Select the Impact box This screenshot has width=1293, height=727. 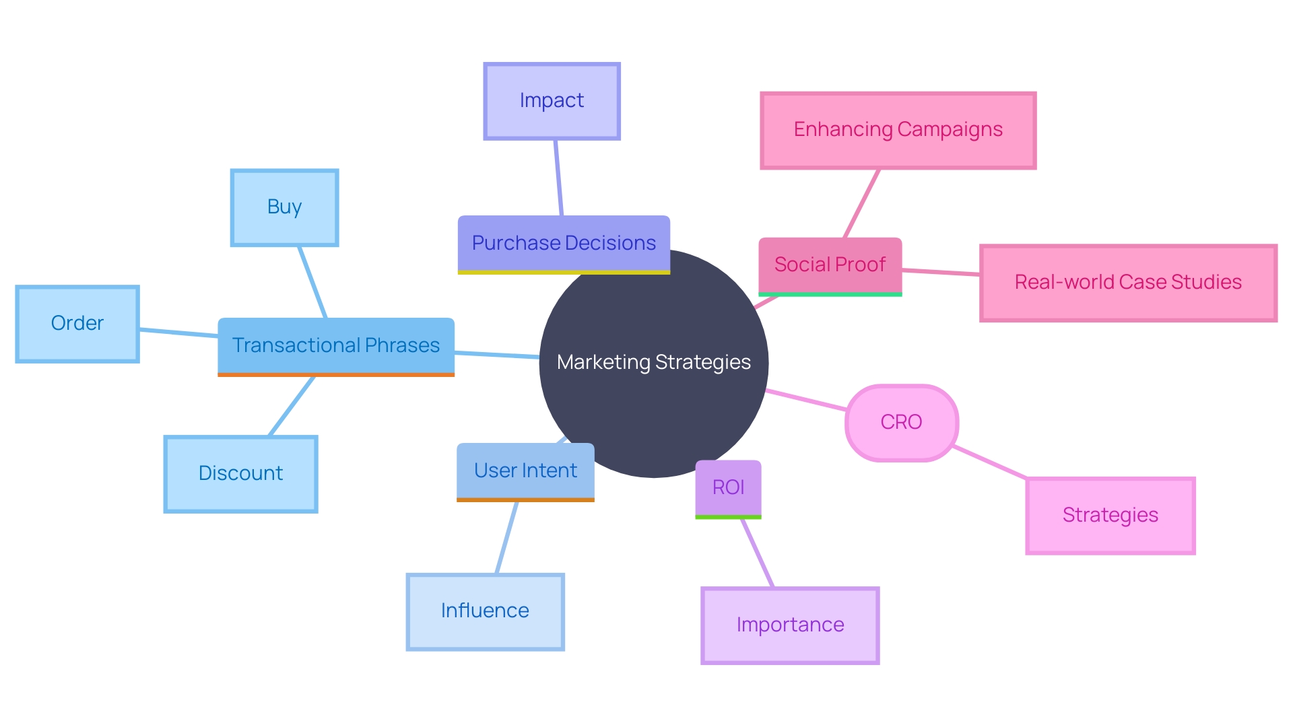pyautogui.click(x=552, y=101)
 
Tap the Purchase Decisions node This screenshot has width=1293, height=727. pyautogui.click(x=564, y=244)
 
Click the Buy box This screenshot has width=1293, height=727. pyautogui.click(x=284, y=207)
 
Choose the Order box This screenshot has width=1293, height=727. pyautogui.click(x=77, y=324)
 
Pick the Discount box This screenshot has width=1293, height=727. pyautogui.click(x=240, y=474)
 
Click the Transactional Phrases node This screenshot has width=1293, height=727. pyautogui.click(x=335, y=346)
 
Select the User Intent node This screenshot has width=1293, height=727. pyautogui.click(x=525, y=471)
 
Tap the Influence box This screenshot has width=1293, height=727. pyautogui.click(x=485, y=611)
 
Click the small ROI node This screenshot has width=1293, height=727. pyautogui.click(x=728, y=488)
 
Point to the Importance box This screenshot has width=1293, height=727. pyautogui.click(x=790, y=625)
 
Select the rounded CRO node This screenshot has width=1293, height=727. pyautogui.click(x=901, y=423)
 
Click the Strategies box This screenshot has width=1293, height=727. pyautogui.click(x=1110, y=516)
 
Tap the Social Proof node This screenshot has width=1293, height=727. pyautogui.click(x=830, y=265)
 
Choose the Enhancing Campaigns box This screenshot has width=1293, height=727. pyautogui.click(x=898, y=130)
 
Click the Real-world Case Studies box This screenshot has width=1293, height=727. pyautogui.click(x=1128, y=283)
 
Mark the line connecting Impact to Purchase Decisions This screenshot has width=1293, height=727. pyautogui.click(x=558, y=178)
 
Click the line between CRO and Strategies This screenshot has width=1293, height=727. pyautogui.click(x=990, y=462)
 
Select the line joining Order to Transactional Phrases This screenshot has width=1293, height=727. pyautogui.click(x=178, y=333)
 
